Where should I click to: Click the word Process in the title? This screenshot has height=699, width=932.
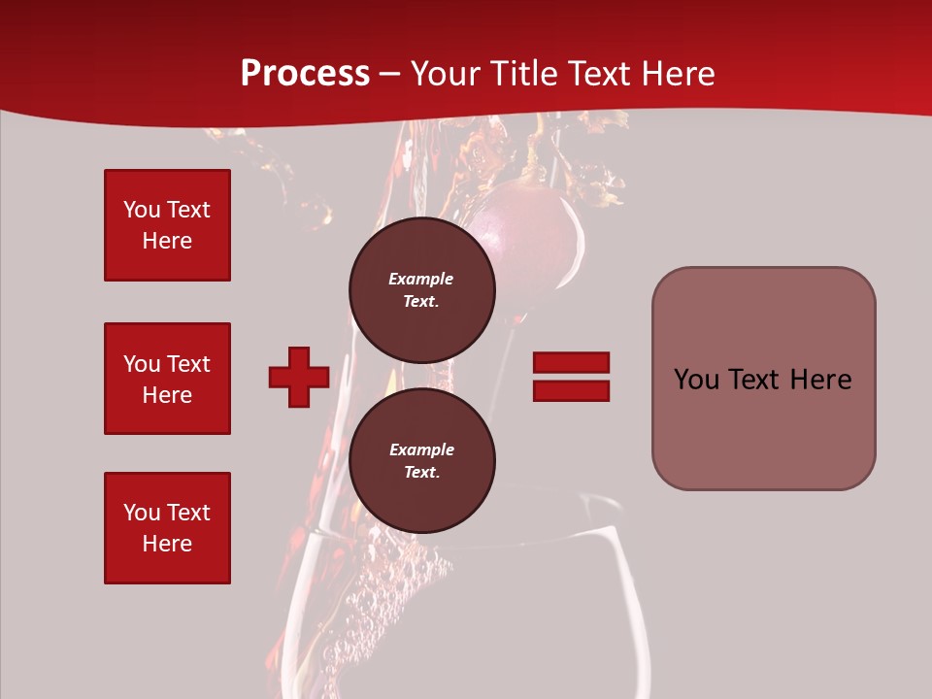point(305,74)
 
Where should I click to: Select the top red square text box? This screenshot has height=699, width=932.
point(167,225)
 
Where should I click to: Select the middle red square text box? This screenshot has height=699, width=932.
point(167,379)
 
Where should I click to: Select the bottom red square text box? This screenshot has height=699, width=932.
point(167,527)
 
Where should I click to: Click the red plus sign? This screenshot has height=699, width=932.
point(299,377)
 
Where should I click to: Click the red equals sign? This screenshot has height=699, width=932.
point(571,377)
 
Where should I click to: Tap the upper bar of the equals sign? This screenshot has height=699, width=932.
point(571,363)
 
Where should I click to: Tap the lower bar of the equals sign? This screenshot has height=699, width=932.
point(571,390)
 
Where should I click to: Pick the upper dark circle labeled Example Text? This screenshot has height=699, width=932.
point(421,289)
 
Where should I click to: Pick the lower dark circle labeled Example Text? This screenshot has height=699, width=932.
point(421,460)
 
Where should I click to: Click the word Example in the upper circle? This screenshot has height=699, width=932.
point(421,279)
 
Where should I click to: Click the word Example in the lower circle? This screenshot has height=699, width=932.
point(421,449)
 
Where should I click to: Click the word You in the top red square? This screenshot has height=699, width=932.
point(142,210)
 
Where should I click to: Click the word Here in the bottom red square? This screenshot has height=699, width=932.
point(167,544)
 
